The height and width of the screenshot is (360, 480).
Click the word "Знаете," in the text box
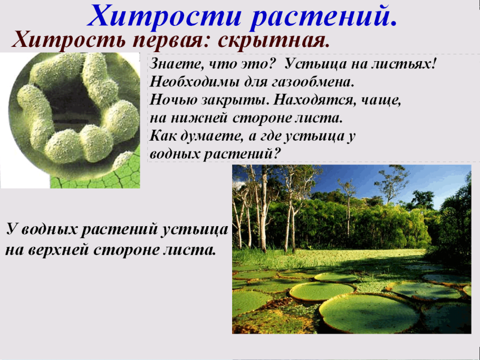pyautogui.click(x=172, y=65)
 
